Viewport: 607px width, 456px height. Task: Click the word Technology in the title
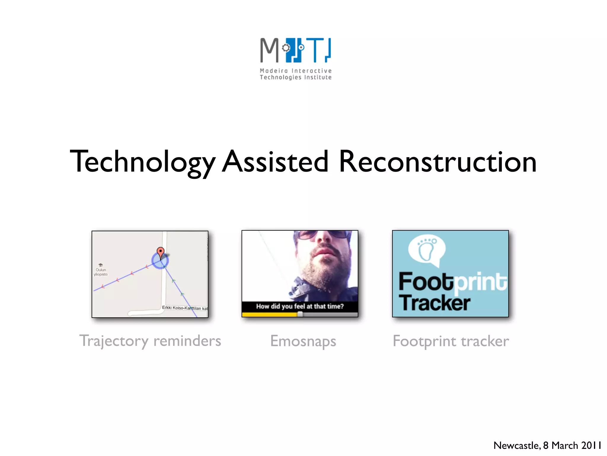tap(142, 162)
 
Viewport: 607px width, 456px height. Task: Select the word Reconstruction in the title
tap(437, 162)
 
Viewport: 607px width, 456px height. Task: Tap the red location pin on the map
tap(160, 252)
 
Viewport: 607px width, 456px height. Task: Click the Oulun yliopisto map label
tap(101, 272)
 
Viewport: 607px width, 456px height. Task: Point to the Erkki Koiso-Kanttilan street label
tap(184, 308)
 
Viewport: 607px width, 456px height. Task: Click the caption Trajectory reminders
tap(150, 341)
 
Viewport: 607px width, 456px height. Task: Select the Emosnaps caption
tap(303, 341)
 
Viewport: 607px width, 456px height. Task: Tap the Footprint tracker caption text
tap(451, 341)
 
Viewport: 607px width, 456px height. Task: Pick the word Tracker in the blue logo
tap(434, 303)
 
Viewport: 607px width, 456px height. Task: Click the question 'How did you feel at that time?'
tap(300, 306)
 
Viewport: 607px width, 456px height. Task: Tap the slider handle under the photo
tap(300, 314)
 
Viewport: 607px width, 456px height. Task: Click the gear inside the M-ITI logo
tap(286, 48)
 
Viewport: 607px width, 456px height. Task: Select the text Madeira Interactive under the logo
tap(295, 71)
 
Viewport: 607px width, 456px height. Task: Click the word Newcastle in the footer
tap(516, 445)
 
